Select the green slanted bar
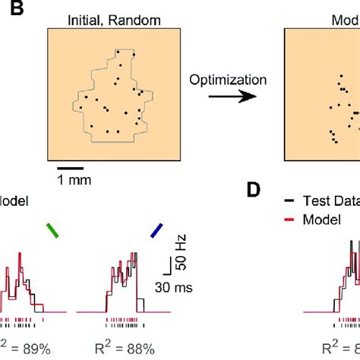click(51, 230)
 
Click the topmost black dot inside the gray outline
click(134, 54)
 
